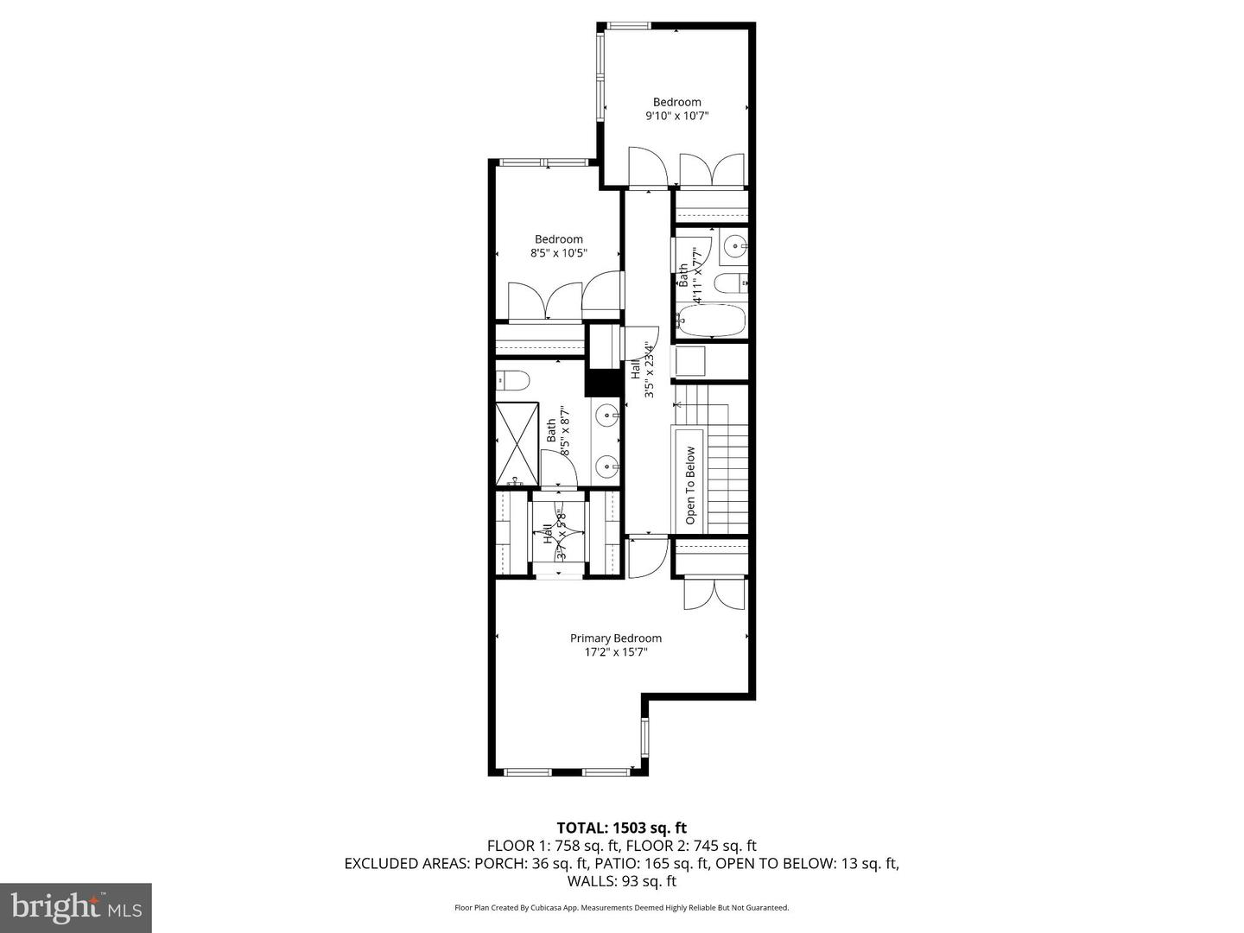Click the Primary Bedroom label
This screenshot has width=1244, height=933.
pyautogui.click(x=615, y=638)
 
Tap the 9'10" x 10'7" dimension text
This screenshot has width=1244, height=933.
pyautogui.click(x=676, y=116)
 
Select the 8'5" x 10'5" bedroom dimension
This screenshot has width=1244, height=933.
pyautogui.click(x=559, y=253)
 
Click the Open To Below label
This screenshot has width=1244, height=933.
pyautogui.click(x=690, y=486)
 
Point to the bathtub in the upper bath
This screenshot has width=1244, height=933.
pyautogui.click(x=710, y=320)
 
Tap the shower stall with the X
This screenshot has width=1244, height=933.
pyautogui.click(x=517, y=443)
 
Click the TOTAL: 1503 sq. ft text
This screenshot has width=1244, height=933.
pyautogui.click(x=621, y=828)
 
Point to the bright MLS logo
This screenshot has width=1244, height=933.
pyautogui.click(x=75, y=907)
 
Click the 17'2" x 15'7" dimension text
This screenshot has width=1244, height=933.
pyautogui.click(x=615, y=653)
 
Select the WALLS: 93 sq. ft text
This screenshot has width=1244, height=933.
pyautogui.click(x=621, y=882)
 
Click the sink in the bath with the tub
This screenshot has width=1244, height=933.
pyautogui.click(x=734, y=247)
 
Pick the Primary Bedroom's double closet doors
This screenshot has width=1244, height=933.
pyautogui.click(x=714, y=593)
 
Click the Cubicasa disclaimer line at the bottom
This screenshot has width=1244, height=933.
pyautogui.click(x=621, y=908)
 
